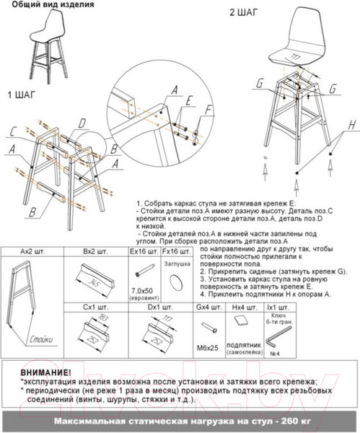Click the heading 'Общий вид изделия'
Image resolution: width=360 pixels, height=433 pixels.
(x=47, y=6)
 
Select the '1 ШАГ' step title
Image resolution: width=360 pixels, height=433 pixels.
(x=23, y=95)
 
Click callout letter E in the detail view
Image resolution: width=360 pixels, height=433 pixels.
(x=189, y=100)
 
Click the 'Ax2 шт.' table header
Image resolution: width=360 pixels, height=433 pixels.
(x=32, y=252)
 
